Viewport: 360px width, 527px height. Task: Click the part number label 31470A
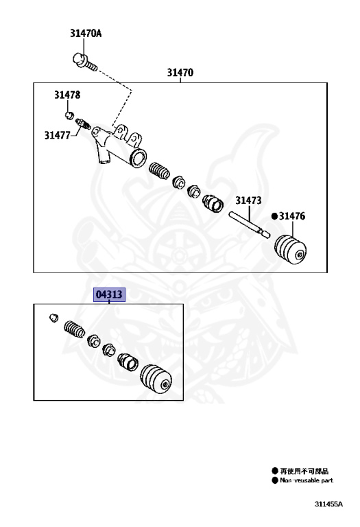(x=86, y=33)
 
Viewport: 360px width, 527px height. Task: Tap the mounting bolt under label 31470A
(x=84, y=62)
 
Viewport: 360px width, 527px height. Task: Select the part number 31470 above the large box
(x=180, y=72)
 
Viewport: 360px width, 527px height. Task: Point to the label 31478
(x=67, y=95)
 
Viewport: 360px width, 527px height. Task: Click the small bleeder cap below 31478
(x=69, y=115)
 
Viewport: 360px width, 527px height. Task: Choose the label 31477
(x=58, y=135)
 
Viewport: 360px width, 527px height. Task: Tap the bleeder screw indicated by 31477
(x=83, y=124)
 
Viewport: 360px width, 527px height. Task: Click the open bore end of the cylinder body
(x=138, y=159)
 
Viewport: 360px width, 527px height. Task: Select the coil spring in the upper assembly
(x=159, y=170)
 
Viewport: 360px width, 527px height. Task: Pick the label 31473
(x=248, y=200)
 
